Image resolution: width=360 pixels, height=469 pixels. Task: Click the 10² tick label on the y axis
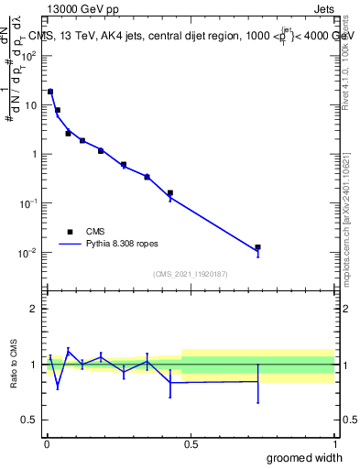click(27, 55)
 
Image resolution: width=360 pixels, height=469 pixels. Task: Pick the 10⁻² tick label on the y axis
click(27, 253)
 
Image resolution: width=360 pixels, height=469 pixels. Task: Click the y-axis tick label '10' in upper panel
click(30, 104)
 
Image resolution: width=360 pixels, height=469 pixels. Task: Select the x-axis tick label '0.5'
click(191, 444)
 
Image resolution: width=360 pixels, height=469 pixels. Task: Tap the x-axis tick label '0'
click(46, 444)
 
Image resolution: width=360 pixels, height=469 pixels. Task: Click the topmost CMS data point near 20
click(50, 92)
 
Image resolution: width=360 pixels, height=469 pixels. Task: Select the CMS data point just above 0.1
click(170, 193)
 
